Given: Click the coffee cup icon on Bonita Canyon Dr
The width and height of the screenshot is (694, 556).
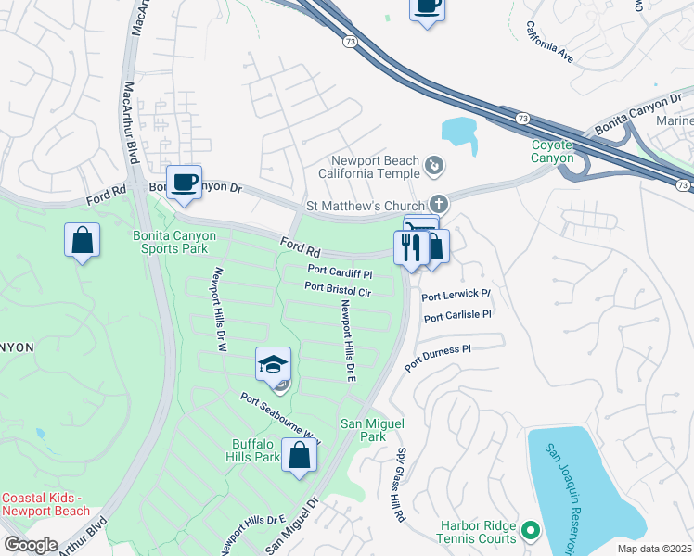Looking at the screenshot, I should [183, 182].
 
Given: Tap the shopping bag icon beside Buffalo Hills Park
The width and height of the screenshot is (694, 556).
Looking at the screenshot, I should [299, 457].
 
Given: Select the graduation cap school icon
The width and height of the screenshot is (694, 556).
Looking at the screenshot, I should [273, 364].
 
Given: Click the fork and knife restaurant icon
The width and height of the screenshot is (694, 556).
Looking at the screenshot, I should [410, 247].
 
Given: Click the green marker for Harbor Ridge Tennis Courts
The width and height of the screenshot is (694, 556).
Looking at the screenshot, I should [530, 531].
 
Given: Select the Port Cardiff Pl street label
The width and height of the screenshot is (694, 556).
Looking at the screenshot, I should [340, 274].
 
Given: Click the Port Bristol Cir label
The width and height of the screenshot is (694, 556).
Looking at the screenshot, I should [338, 288].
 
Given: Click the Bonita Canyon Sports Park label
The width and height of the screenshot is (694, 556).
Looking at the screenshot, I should [174, 243].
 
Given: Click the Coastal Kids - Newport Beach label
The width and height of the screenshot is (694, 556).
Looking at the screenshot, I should [46, 504].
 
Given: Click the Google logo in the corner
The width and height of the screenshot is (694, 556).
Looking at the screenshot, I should [31, 544].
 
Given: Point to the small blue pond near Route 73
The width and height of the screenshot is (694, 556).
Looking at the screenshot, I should [459, 136].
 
